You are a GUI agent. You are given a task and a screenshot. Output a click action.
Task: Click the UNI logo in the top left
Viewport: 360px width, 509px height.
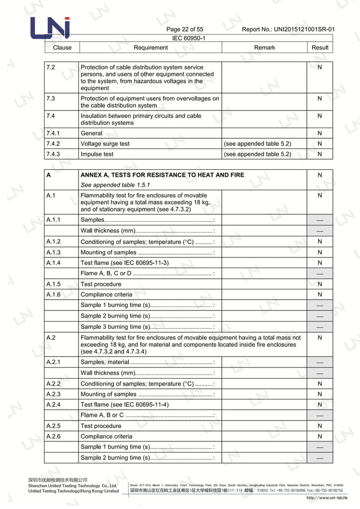point(50,28)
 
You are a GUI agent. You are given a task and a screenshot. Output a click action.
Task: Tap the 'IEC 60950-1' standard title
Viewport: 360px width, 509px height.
point(188,38)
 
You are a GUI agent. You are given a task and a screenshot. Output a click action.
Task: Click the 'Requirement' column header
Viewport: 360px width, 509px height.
point(150,47)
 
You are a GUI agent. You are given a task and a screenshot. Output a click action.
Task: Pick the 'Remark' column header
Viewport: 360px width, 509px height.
point(264,47)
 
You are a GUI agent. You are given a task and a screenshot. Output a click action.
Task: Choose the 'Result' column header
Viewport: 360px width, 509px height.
point(320,47)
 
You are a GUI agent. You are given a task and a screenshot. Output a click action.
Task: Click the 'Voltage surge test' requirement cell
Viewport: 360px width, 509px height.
point(105,144)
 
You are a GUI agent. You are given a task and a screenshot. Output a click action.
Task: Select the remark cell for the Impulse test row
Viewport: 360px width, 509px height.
point(258,154)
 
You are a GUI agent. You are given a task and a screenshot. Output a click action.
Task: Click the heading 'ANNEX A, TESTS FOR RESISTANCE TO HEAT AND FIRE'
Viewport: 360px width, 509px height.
point(163,175)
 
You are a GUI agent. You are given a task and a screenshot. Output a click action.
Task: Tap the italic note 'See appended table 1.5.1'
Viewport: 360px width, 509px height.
point(116,185)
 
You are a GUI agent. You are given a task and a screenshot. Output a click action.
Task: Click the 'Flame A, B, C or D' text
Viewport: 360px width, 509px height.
point(106,273)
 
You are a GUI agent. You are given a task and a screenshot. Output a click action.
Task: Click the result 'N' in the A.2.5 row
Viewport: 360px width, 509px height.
point(320,426)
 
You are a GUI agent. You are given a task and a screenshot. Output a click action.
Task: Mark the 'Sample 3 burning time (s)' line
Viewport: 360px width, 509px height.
point(115,326)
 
